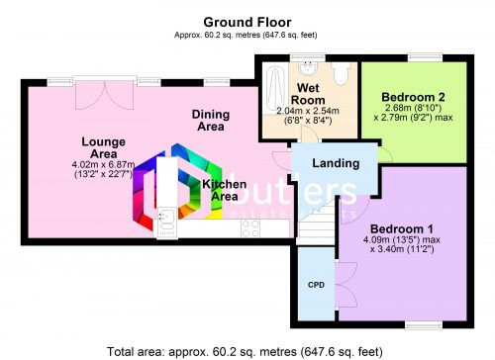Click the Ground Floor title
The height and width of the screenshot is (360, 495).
click(247, 20)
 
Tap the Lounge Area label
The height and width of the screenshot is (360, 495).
click(103, 148)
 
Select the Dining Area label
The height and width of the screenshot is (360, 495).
click(209, 120)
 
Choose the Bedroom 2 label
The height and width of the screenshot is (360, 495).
click(413, 96)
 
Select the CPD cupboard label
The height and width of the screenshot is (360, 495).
click(316, 284)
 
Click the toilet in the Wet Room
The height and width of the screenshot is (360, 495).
click(340, 72)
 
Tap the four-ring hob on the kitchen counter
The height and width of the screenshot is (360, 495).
click(250, 226)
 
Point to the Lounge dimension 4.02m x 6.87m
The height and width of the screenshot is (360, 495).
click(103, 164)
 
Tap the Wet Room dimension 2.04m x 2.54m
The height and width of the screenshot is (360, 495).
click(308, 111)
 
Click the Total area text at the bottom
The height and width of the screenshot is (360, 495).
click(247, 349)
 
